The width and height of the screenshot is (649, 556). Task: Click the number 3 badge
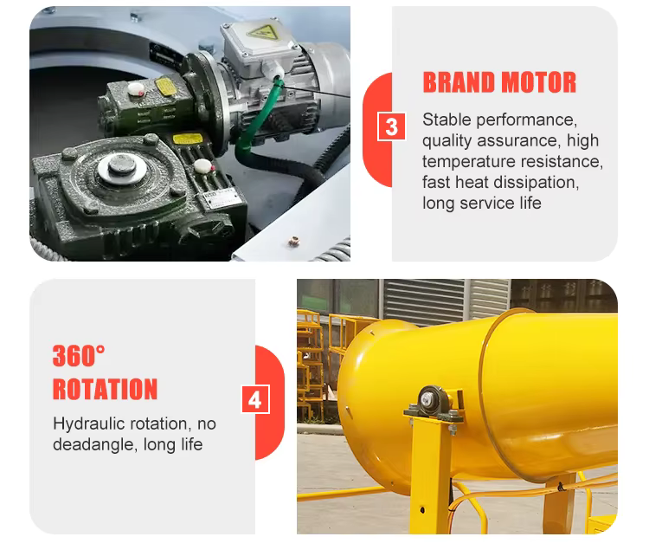click(391, 126)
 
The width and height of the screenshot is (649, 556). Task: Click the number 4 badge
click(255, 399)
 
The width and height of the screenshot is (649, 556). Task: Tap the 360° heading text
click(79, 355)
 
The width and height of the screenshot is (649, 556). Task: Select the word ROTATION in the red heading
click(105, 389)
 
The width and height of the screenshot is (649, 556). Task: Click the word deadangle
click(94, 444)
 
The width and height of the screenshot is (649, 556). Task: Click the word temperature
click(469, 162)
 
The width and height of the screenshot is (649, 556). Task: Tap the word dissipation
click(536, 182)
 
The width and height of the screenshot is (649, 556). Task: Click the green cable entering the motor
click(254, 117)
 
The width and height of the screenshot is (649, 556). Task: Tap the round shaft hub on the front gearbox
click(122, 166)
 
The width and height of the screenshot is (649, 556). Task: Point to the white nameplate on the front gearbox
click(222, 198)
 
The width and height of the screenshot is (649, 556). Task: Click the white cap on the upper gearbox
click(136, 88)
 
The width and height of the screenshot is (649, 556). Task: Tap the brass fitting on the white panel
click(293, 241)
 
